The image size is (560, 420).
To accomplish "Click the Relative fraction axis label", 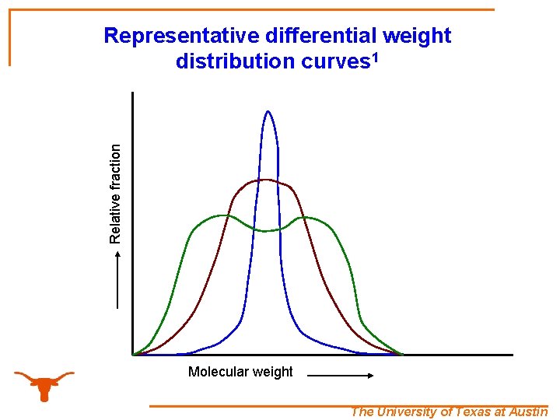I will (115, 193).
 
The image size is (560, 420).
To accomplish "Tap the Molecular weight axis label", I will (240, 372).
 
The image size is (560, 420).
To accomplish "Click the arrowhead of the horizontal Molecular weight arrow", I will (371, 375).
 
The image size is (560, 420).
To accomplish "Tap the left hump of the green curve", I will (223, 215).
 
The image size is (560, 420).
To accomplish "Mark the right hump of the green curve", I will (306, 217).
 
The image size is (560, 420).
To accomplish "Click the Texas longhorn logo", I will (44, 383).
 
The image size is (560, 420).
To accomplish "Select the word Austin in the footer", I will (530, 412).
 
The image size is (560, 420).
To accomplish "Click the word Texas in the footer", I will (474, 412).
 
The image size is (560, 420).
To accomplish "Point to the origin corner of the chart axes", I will (133, 355).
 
